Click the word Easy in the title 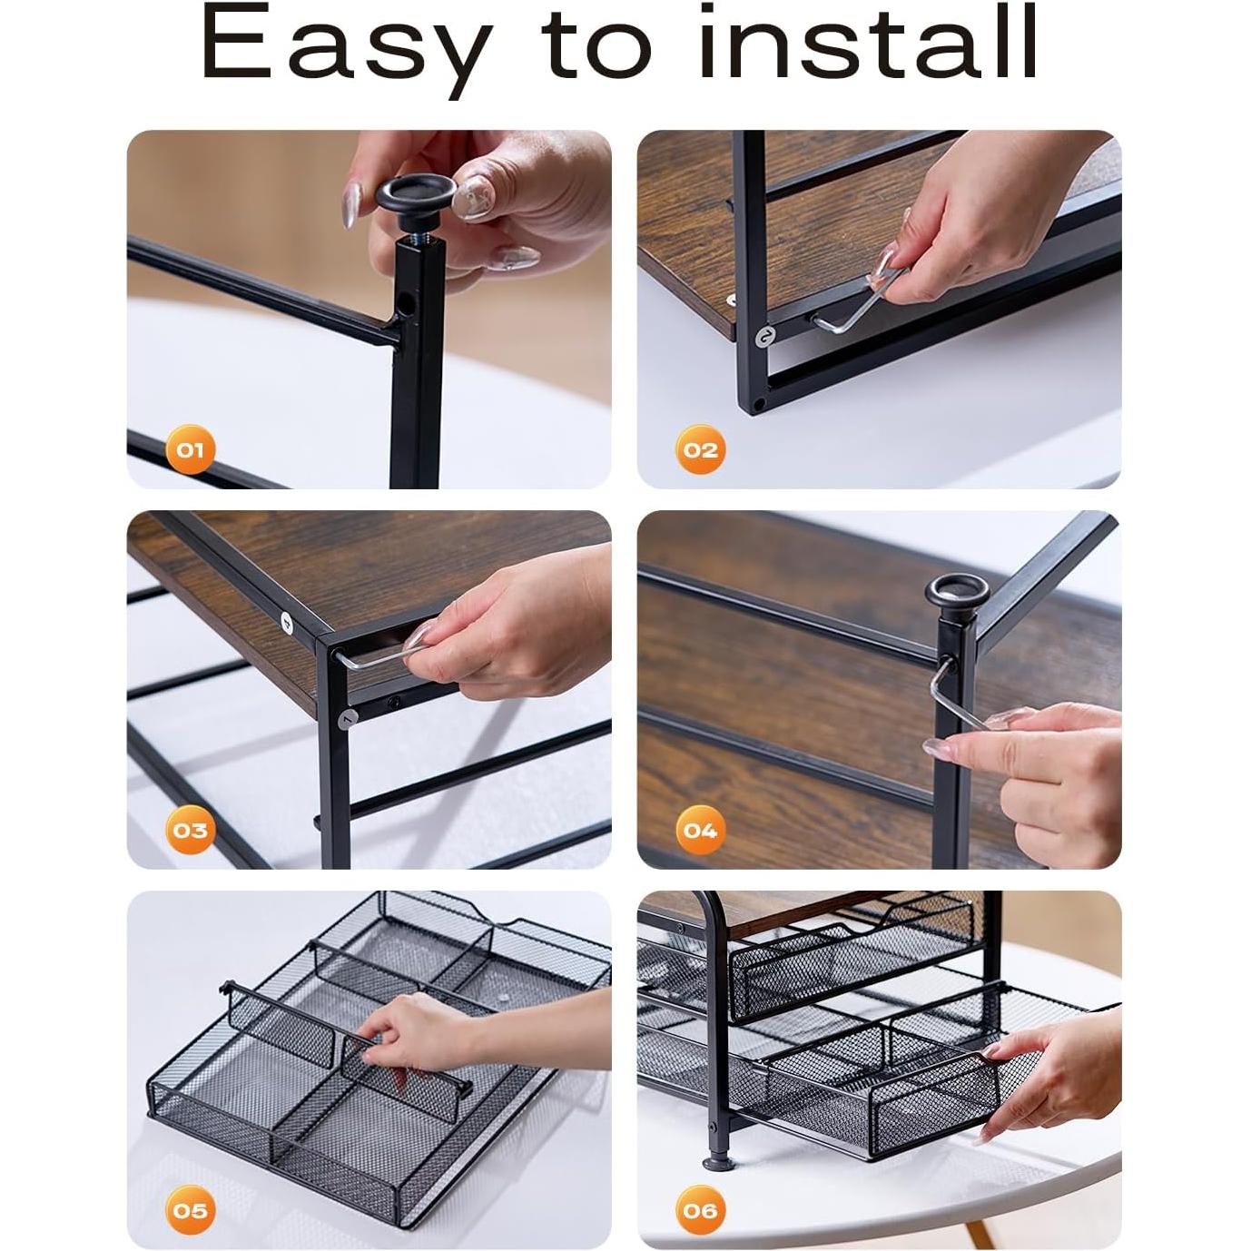(346, 45)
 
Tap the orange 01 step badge (191, 449)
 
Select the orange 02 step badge (700, 449)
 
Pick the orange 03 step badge (191, 830)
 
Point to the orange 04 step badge (700, 830)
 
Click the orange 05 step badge (191, 1210)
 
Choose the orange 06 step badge (700, 1210)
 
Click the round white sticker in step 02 (766, 336)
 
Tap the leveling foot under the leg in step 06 (717, 1161)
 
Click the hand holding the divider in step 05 (427, 1030)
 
